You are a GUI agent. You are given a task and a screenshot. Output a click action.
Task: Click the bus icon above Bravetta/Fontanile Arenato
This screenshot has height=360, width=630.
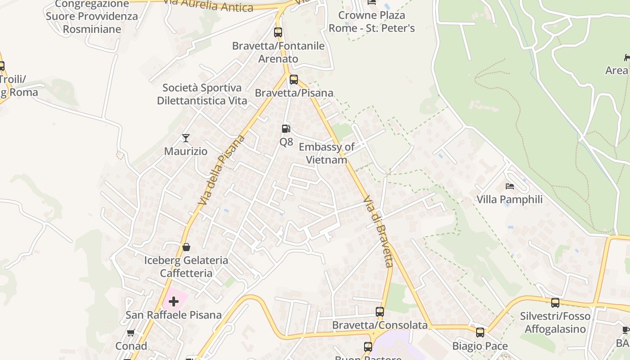(278, 32)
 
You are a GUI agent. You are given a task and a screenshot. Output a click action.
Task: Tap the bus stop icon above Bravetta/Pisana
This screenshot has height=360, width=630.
(294, 80)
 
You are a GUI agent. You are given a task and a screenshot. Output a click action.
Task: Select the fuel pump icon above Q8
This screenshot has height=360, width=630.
(286, 129)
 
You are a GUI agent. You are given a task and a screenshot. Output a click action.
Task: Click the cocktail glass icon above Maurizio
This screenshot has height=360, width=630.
(185, 138)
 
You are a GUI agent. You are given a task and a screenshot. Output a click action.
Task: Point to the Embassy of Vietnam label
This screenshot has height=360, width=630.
(326, 153)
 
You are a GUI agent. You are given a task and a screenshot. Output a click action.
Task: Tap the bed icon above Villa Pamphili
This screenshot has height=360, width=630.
(509, 186)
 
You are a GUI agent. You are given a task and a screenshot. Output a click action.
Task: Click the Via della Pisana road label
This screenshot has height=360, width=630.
(221, 170)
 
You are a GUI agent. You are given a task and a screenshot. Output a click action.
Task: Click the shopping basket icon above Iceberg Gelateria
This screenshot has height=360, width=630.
(186, 247)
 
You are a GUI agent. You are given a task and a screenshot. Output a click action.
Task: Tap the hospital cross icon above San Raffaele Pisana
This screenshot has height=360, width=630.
(174, 301)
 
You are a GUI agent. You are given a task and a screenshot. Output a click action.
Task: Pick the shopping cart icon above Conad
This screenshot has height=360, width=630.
(131, 333)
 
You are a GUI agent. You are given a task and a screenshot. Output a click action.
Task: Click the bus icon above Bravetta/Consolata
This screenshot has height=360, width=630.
(380, 312)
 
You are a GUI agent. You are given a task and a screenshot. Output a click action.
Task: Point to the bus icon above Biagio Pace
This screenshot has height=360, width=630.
(480, 333)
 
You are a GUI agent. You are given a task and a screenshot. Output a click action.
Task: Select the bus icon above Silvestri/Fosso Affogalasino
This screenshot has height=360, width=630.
(555, 303)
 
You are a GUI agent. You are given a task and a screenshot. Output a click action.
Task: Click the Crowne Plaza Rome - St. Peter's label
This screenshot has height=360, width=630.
(372, 22)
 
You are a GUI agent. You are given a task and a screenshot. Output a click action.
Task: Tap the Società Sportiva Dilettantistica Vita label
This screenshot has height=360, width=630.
(202, 94)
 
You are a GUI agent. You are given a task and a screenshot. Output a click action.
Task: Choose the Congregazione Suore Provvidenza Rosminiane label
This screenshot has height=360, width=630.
(92, 17)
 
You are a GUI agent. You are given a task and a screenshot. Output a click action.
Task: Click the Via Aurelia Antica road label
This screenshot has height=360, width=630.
(208, 5)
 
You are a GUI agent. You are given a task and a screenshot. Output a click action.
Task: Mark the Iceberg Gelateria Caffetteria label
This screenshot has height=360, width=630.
(186, 266)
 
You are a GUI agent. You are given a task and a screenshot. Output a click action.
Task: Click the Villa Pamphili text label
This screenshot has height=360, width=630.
(509, 199)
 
